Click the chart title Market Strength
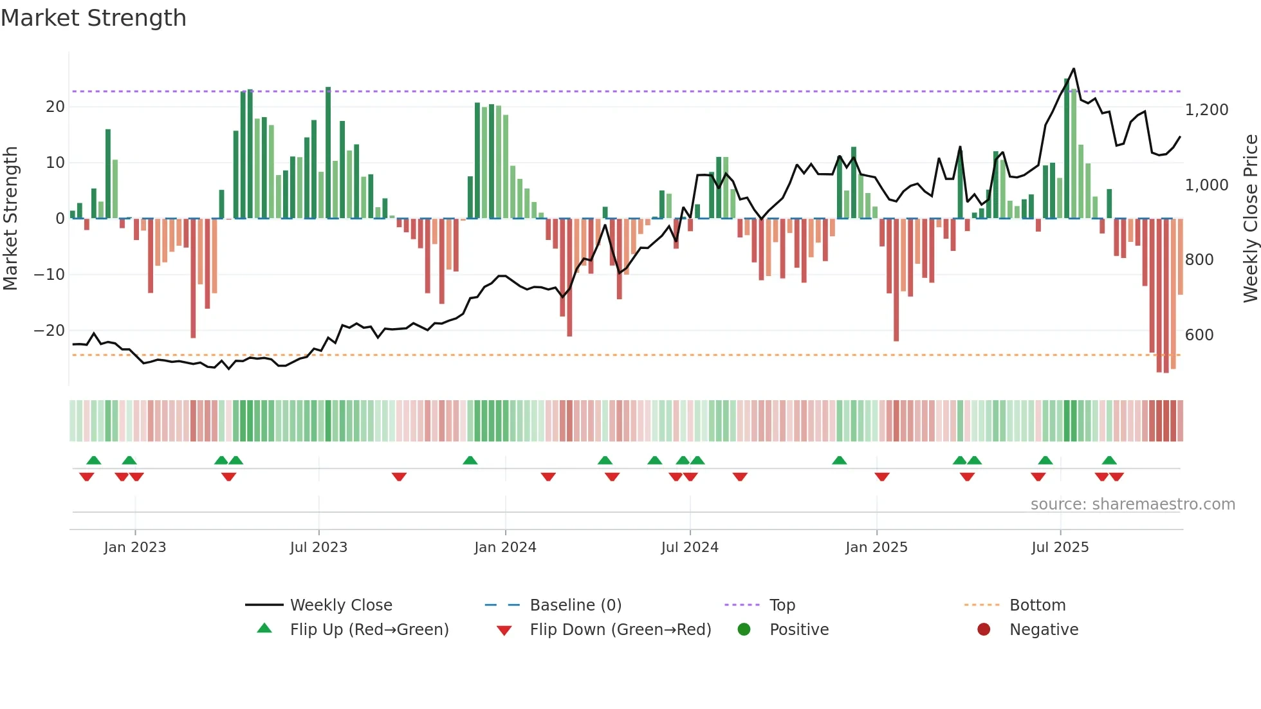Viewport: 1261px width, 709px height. [x=93, y=18]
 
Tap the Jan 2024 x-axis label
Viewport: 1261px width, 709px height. [x=505, y=548]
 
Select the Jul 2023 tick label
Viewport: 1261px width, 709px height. [x=318, y=548]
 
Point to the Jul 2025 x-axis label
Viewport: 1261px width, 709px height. [x=1060, y=548]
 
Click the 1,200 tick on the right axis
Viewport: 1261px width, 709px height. [x=1206, y=110]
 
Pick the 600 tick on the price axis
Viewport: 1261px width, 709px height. [x=1199, y=335]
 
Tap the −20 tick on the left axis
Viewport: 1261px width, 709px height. [x=50, y=331]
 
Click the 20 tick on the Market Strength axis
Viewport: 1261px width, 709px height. [x=55, y=107]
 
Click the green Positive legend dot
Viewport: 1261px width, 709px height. [x=744, y=630]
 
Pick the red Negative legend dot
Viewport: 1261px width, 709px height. [x=984, y=630]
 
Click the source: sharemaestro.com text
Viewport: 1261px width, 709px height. [x=1132, y=504]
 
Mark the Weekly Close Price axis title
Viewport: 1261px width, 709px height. [x=1250, y=219]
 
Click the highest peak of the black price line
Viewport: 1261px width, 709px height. [x=1074, y=69]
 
